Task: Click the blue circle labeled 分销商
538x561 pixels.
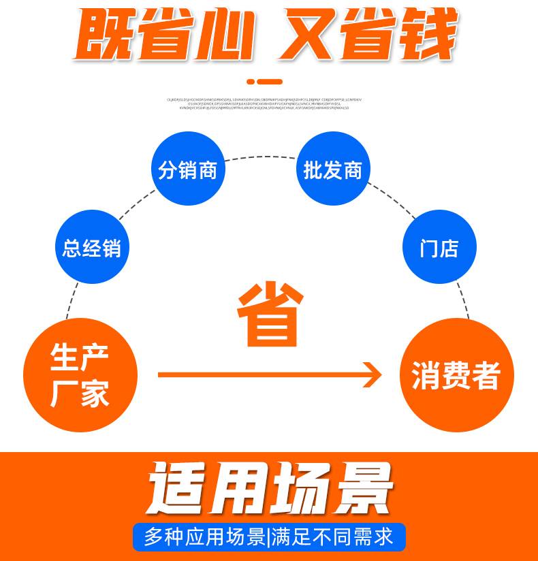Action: (x=187, y=170)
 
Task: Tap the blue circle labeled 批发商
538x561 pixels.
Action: (x=332, y=170)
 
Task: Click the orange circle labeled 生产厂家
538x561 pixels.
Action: (x=80, y=375)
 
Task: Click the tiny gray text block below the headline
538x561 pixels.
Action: (x=265, y=103)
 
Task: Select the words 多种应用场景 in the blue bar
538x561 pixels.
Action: (x=204, y=536)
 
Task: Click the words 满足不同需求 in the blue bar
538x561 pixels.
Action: (x=333, y=536)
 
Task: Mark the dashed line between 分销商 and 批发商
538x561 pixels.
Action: (x=259, y=157)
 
